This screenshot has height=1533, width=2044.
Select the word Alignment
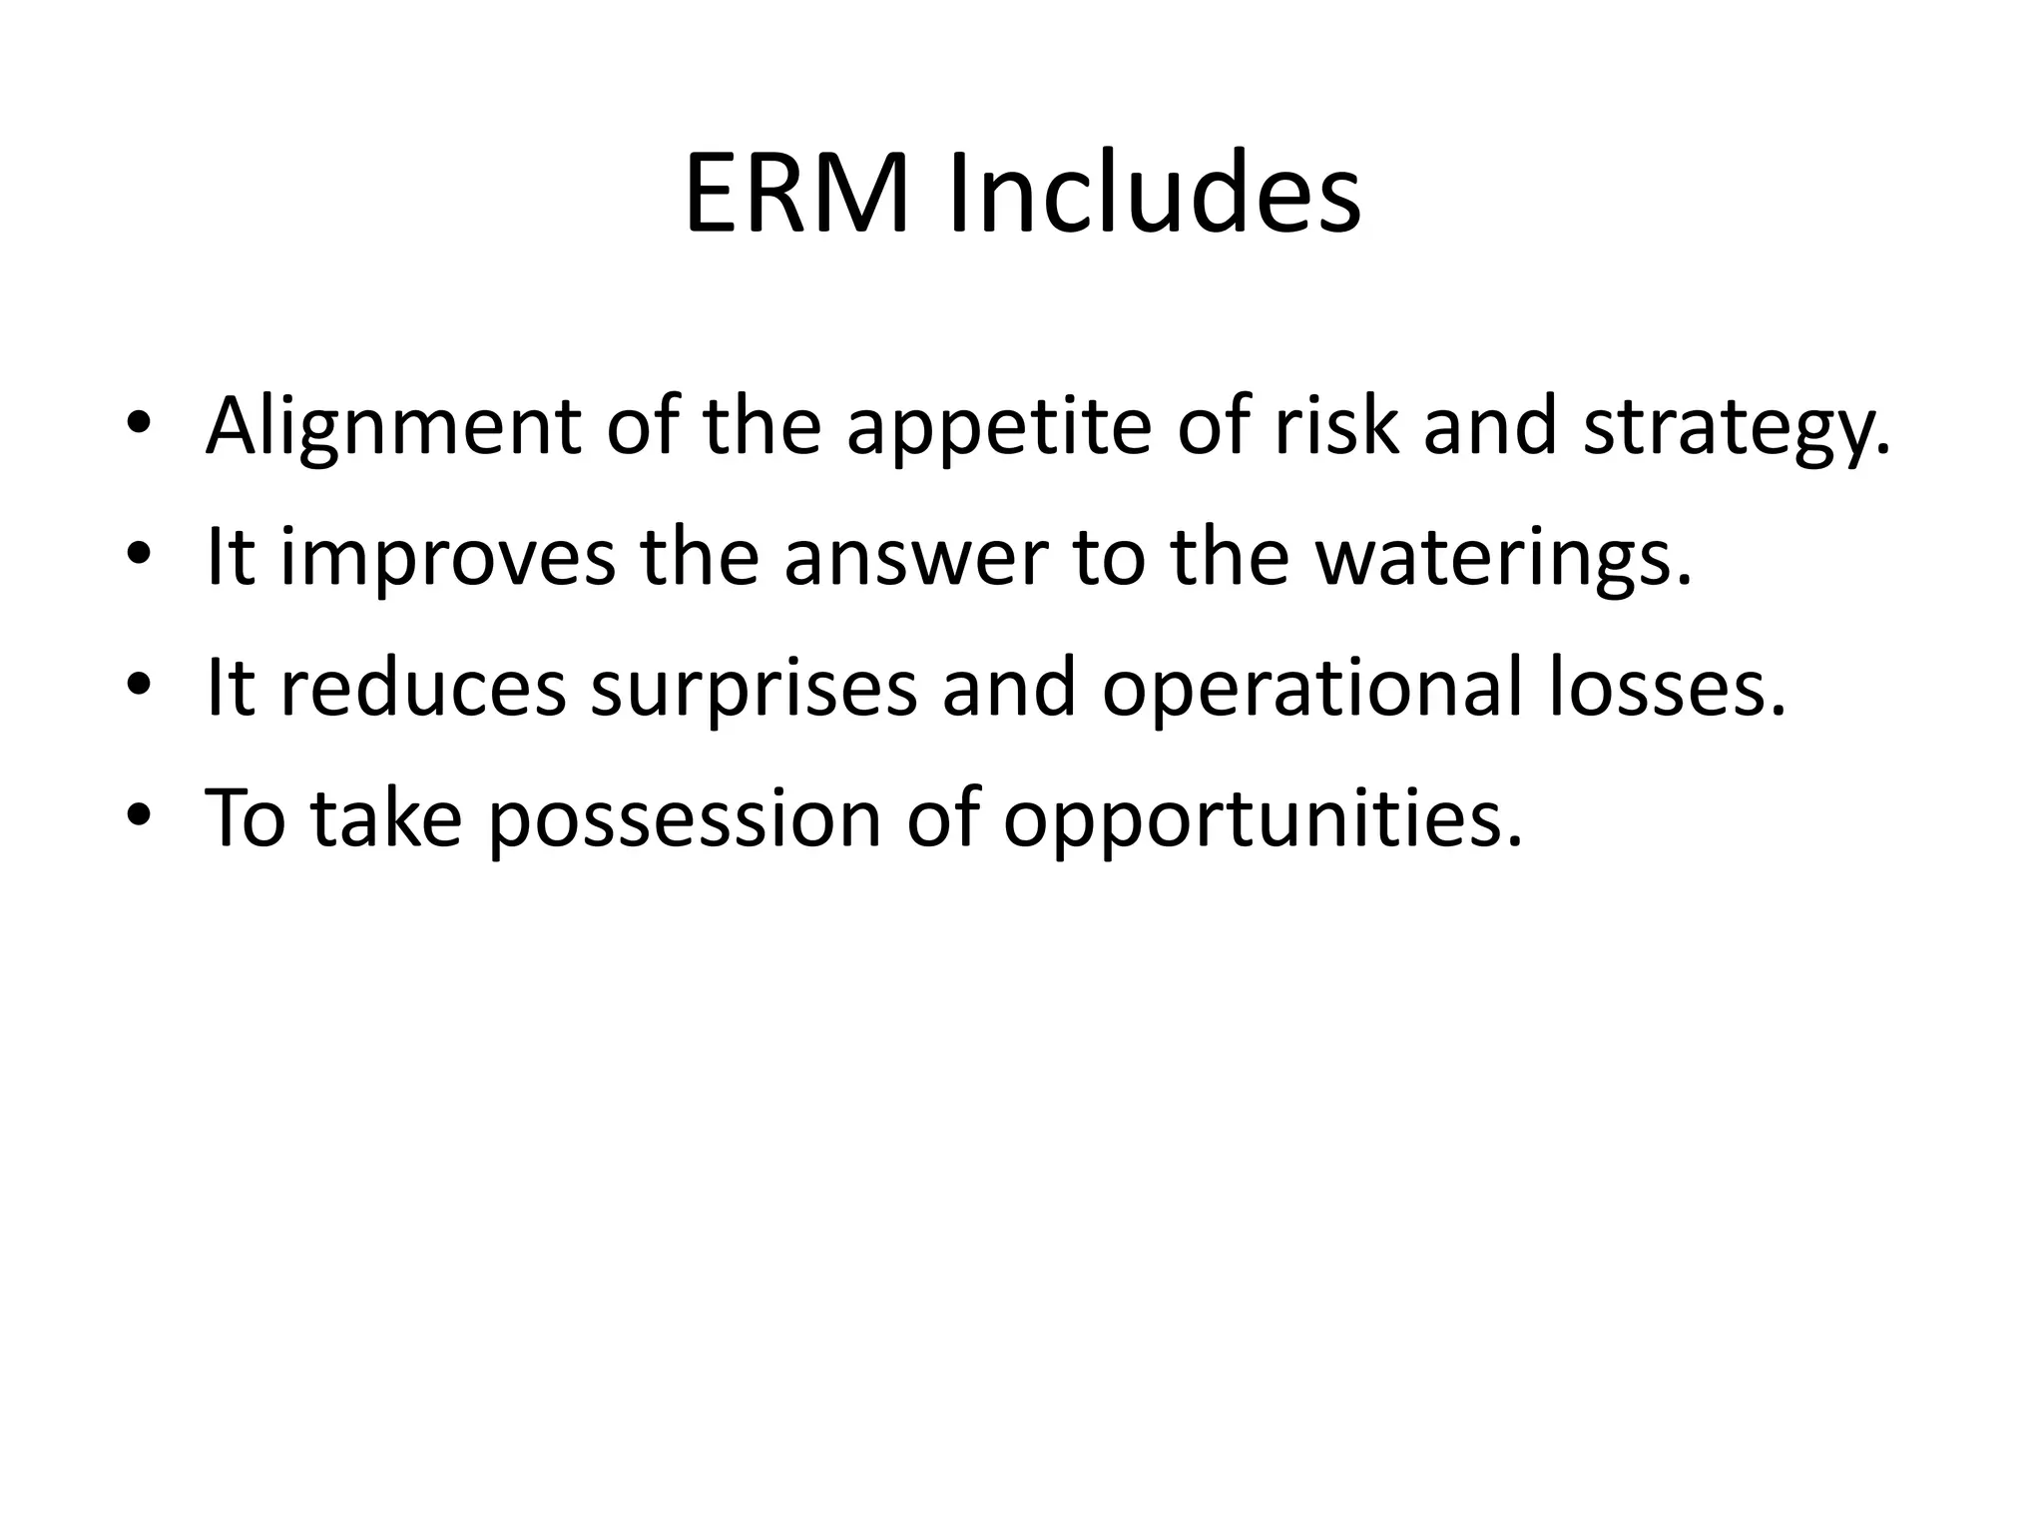click(392, 427)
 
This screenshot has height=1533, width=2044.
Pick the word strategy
click(1736, 427)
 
